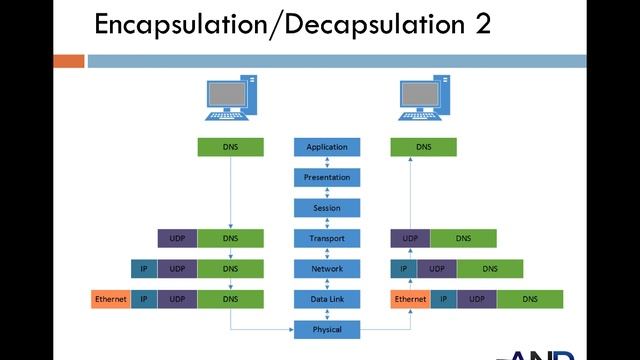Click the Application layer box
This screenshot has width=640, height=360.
327,147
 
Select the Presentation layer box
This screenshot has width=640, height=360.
327,178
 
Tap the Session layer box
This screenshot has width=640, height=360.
327,208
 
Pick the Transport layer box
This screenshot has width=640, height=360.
327,239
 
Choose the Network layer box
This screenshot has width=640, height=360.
327,269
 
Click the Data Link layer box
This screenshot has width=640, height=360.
327,299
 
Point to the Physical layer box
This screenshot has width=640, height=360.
327,329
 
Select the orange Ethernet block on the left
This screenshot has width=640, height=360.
110,299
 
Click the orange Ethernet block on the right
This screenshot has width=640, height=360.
410,299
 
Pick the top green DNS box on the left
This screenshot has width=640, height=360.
231,147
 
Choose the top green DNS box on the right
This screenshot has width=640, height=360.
423,147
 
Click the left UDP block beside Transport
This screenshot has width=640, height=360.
177,239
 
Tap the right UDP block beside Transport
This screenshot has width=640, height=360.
410,239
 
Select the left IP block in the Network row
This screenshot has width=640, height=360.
143,269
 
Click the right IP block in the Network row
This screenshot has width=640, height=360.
403,269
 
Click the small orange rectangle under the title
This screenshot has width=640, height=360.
68,61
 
